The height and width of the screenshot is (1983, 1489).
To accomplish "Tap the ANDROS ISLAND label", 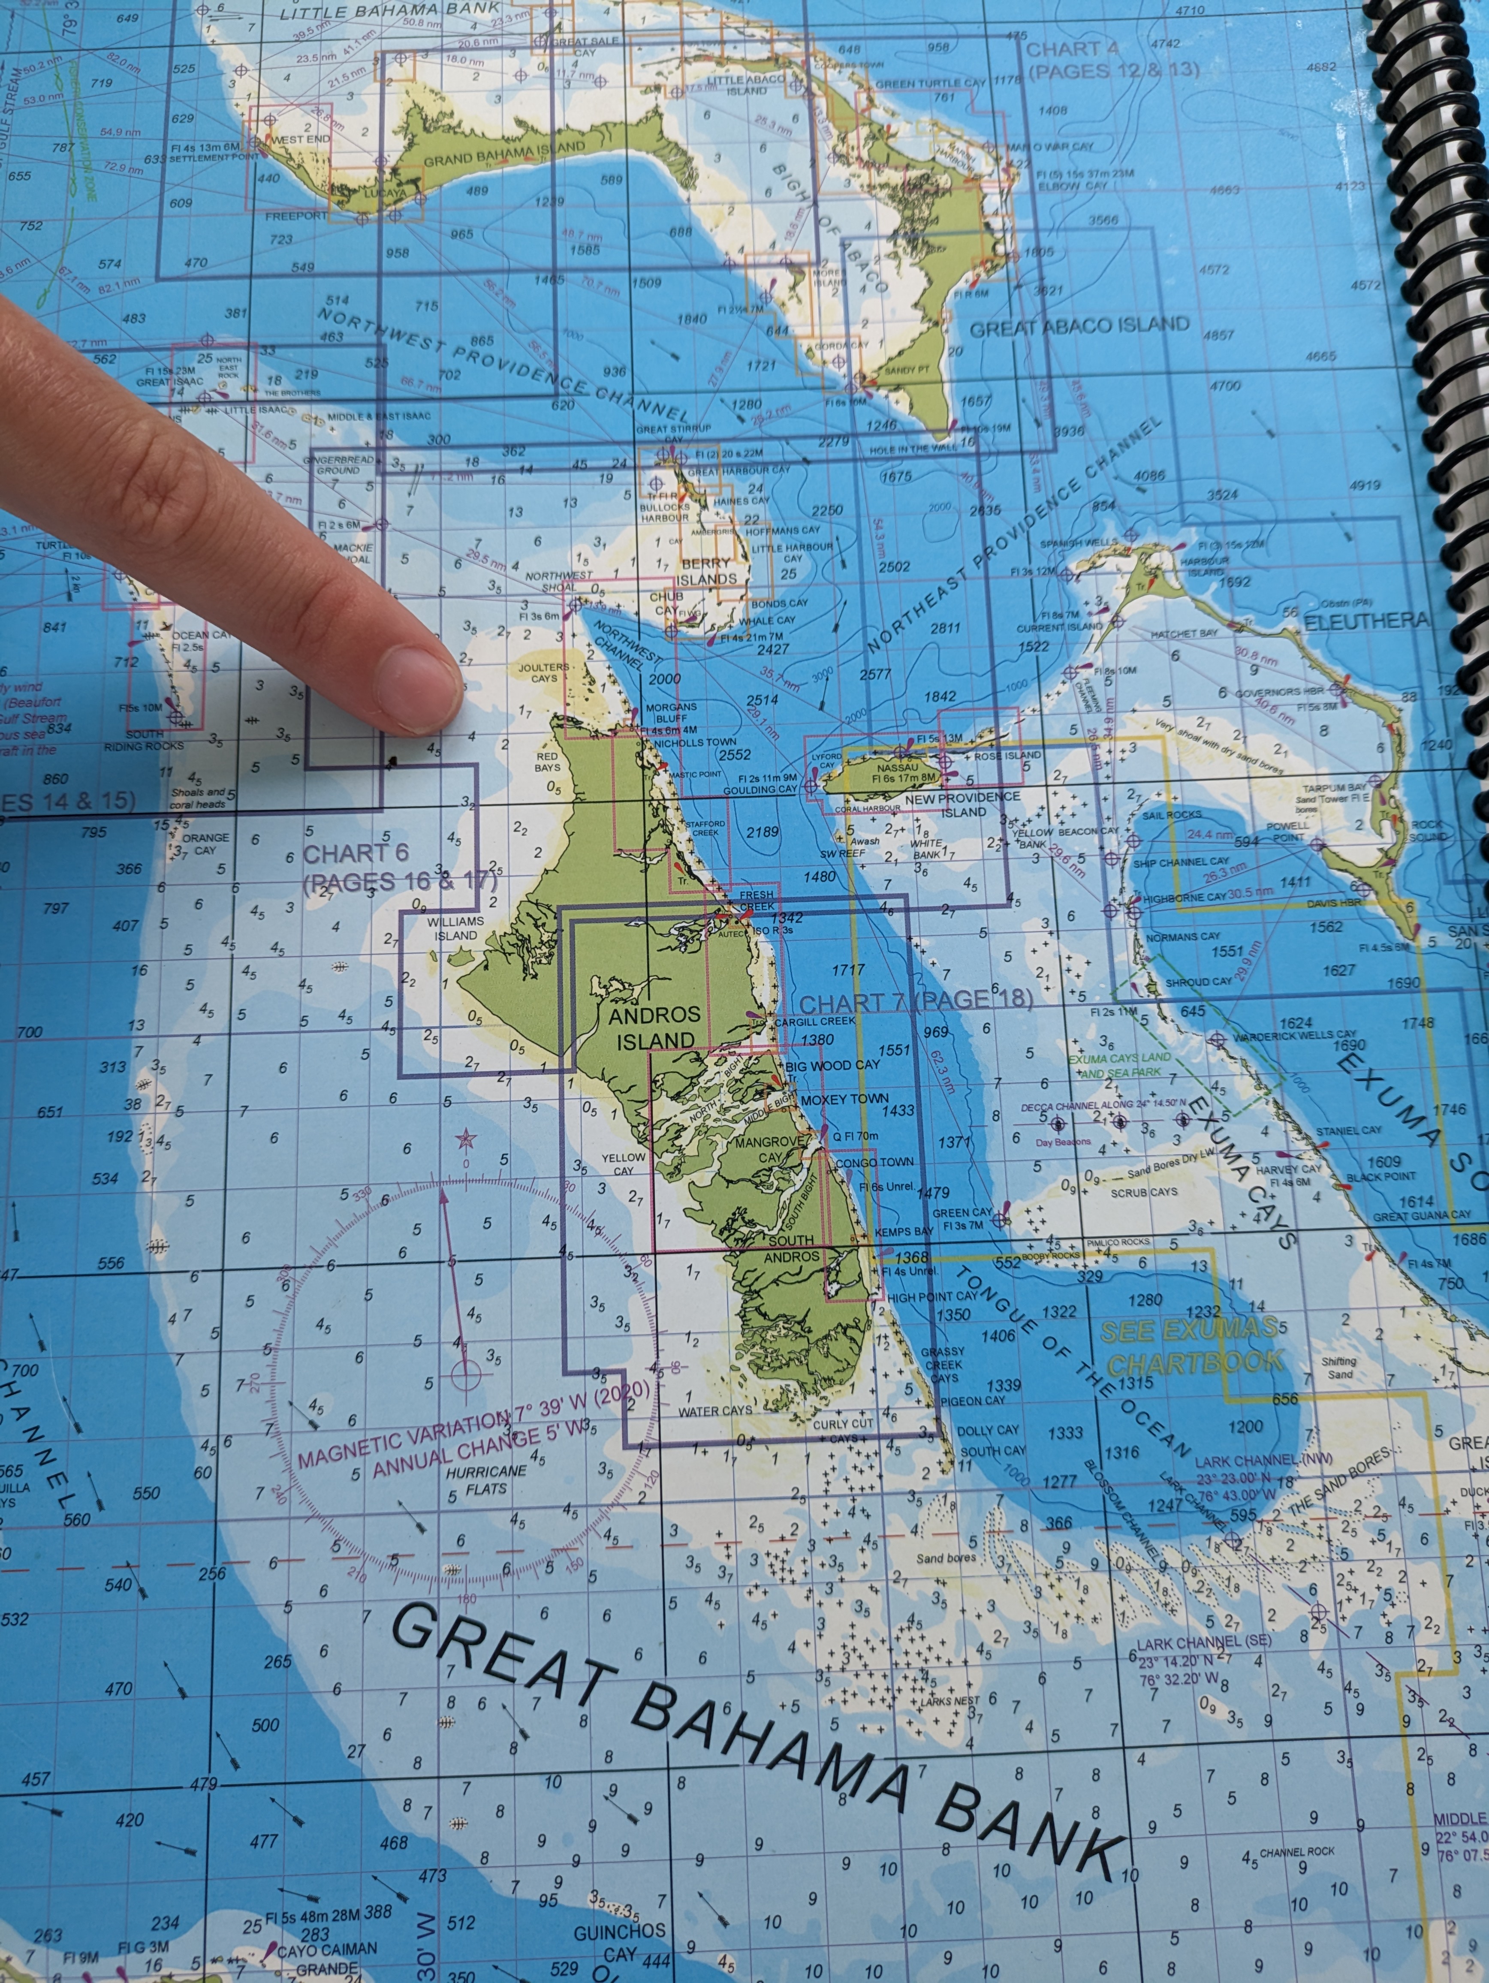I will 652,1028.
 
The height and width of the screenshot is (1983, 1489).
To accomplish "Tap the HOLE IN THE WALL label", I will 903,447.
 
